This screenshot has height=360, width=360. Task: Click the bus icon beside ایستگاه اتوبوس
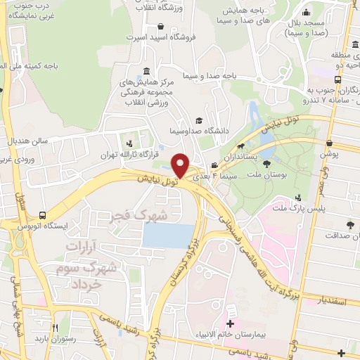(x=44, y=216)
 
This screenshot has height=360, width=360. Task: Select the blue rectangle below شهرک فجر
(x=168, y=236)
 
